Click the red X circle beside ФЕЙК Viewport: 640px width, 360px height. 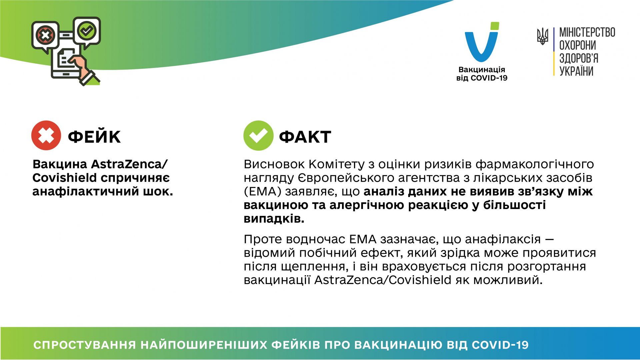(x=46, y=135)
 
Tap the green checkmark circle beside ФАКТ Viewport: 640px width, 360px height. (x=258, y=135)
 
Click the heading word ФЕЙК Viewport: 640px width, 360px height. (x=94, y=137)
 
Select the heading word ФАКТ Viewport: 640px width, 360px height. (x=305, y=137)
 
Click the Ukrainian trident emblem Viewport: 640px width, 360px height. (x=542, y=36)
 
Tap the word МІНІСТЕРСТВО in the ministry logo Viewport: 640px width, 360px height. (x=587, y=32)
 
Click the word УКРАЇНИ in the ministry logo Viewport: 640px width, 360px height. (x=576, y=71)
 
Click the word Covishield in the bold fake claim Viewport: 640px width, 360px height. (x=64, y=178)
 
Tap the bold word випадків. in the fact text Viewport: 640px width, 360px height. (x=274, y=219)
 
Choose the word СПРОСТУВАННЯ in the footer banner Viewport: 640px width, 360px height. (x=85, y=345)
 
